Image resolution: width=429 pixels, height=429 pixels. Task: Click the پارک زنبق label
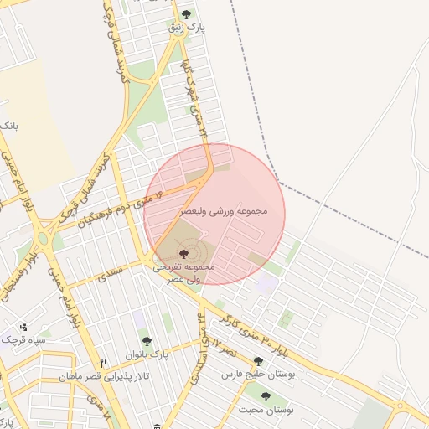click(x=188, y=28)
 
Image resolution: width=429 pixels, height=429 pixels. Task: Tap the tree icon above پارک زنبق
click(x=186, y=14)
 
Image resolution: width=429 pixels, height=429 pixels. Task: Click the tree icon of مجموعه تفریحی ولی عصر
click(x=184, y=253)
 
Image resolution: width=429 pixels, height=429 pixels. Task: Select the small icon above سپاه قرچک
click(x=23, y=327)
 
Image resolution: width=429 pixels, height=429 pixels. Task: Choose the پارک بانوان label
click(x=147, y=354)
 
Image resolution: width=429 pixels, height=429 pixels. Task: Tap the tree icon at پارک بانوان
click(x=147, y=341)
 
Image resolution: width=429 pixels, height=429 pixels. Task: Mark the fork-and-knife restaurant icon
click(x=104, y=363)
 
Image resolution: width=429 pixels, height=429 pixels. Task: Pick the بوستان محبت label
click(x=266, y=410)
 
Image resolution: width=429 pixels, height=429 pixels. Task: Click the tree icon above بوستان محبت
click(x=266, y=396)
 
